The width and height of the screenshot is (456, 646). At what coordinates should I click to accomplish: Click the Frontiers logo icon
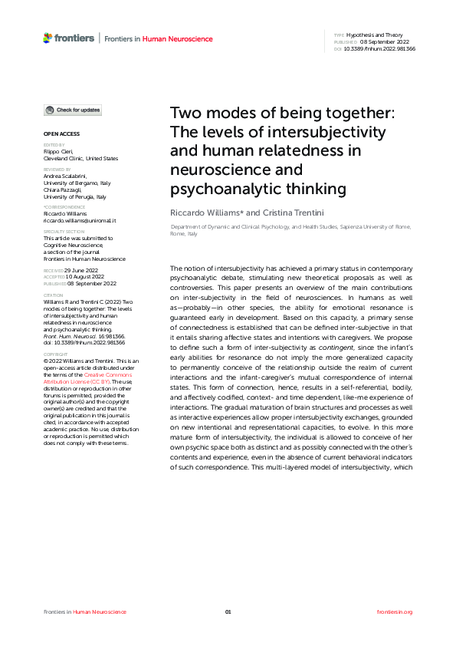(48, 38)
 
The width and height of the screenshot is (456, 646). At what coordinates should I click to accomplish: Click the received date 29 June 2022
(82, 271)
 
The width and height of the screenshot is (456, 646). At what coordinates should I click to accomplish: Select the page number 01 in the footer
(228, 611)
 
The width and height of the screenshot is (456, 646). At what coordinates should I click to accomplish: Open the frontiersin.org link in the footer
(395, 611)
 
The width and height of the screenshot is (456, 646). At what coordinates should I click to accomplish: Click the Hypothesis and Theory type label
(372, 35)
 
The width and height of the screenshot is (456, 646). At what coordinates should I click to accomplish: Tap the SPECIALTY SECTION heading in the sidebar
(64, 231)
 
